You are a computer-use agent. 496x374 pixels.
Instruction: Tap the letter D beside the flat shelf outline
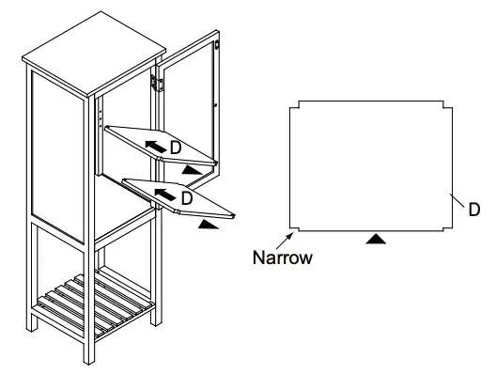coord(473,209)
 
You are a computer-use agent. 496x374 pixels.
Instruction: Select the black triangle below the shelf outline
coord(376,241)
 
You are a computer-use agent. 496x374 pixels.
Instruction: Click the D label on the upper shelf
coord(176,148)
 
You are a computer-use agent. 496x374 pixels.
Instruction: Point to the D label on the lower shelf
coord(186,198)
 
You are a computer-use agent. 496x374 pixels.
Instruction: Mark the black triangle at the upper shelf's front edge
coord(193,169)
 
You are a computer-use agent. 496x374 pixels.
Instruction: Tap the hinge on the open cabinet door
coord(160,83)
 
